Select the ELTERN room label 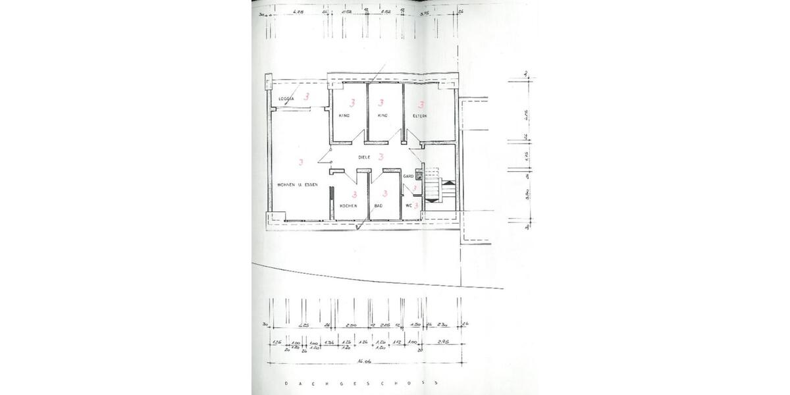pyautogui.click(x=419, y=116)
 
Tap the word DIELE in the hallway pyautogui.click(x=365, y=157)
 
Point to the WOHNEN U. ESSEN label pyautogui.click(x=298, y=185)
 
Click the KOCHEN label pyautogui.click(x=348, y=206)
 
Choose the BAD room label pyautogui.click(x=379, y=206)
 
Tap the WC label pyautogui.click(x=409, y=205)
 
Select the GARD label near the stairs pyautogui.click(x=408, y=176)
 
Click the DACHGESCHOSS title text pyautogui.click(x=361, y=383)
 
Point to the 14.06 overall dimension pyautogui.click(x=363, y=361)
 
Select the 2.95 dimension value pyautogui.click(x=443, y=342)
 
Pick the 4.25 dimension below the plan pyautogui.click(x=303, y=325)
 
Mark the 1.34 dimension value pyautogui.click(x=329, y=342)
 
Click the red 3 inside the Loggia pyautogui.click(x=306, y=97)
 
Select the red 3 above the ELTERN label pyautogui.click(x=420, y=103)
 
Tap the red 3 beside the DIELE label pyautogui.click(x=381, y=157)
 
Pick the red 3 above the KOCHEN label pyautogui.click(x=354, y=194)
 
